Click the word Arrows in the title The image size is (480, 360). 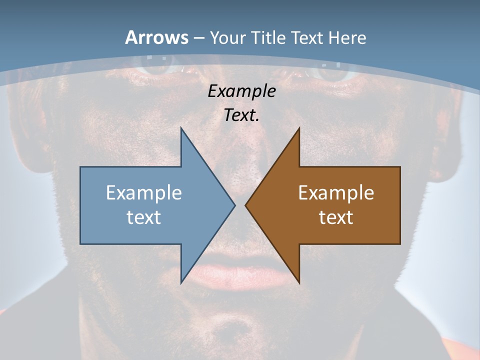(157, 37)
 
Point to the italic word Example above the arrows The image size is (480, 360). (241, 91)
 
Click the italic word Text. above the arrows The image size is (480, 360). (241, 115)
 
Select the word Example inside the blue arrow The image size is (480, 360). (144, 192)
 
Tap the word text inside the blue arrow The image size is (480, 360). (144, 217)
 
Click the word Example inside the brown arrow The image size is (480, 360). (336, 192)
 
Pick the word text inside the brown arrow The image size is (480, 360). (336, 217)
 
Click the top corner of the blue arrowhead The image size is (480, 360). (181, 128)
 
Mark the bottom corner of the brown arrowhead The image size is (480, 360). (299, 282)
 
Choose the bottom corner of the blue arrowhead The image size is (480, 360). (181, 282)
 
